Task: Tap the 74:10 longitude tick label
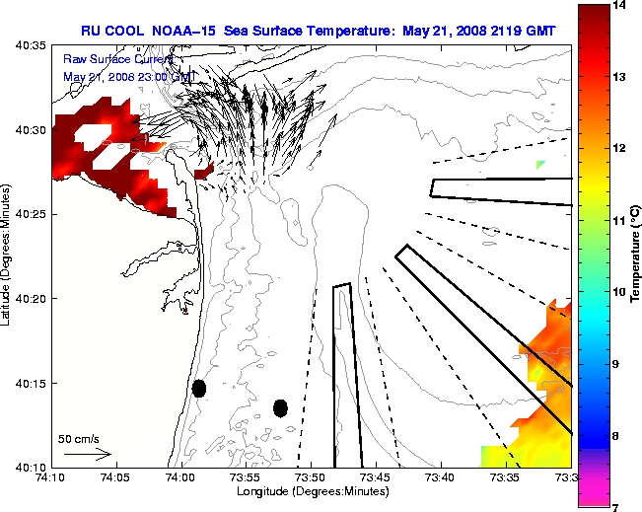50,477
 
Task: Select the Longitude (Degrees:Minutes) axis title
311,490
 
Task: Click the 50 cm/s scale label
79,438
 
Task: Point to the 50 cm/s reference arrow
88,455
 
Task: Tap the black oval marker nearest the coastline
199,388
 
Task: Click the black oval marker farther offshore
280,407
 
